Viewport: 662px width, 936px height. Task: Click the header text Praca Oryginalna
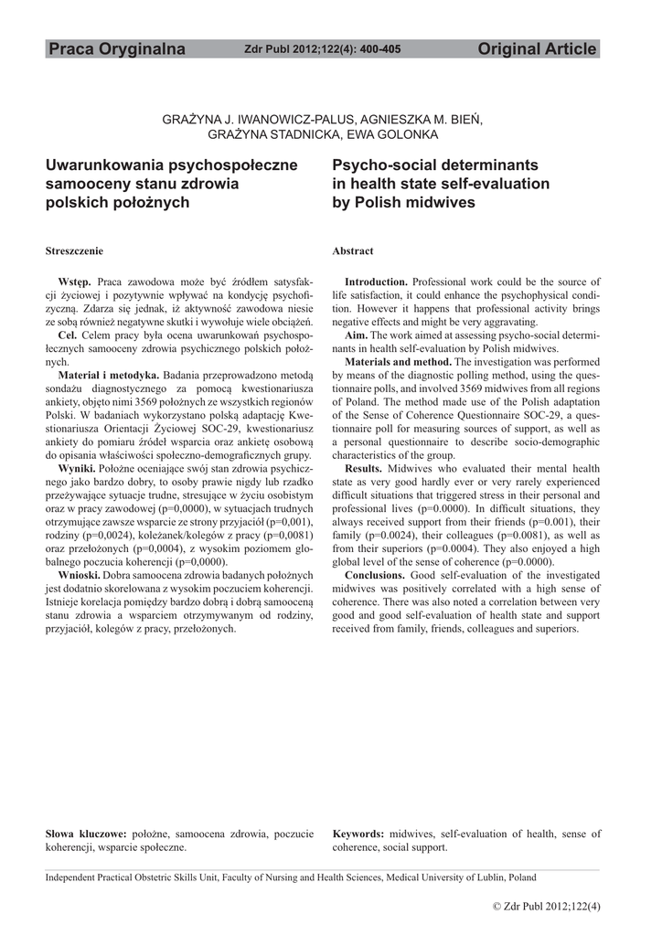tap(116, 49)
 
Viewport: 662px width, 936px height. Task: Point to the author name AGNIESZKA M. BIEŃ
tap(422, 120)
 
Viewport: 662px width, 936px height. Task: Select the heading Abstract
tap(353, 250)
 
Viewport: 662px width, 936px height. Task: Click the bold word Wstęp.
tap(74, 282)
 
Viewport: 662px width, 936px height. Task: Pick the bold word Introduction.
tap(376, 282)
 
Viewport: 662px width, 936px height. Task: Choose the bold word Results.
tap(364, 468)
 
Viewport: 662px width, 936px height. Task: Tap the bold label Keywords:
tap(358, 834)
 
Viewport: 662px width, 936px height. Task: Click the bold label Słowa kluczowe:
tap(86, 834)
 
